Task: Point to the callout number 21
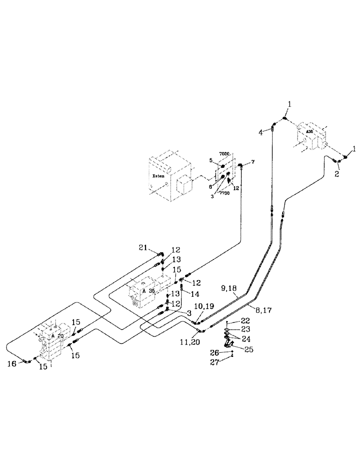click(142, 247)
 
